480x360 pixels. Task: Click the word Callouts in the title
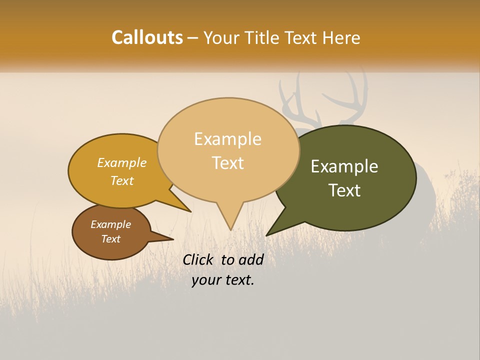(x=147, y=37)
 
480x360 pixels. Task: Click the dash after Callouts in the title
(x=193, y=38)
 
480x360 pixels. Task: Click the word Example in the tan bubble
(x=227, y=139)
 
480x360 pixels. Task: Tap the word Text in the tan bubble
(x=227, y=163)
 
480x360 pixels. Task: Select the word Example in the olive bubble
(x=344, y=166)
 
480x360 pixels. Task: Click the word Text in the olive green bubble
(x=344, y=190)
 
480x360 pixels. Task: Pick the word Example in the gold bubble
(x=122, y=163)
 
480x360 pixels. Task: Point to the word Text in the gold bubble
(x=122, y=181)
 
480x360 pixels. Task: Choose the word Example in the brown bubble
(x=110, y=224)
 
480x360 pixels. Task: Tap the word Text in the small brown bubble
(x=110, y=239)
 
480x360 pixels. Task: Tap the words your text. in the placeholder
(x=223, y=280)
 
